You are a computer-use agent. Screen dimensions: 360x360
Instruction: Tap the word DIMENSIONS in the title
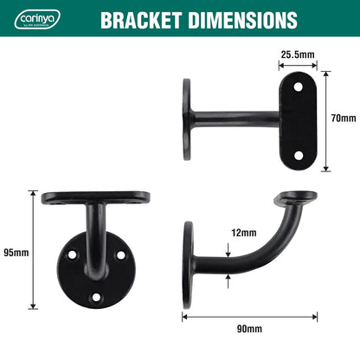[243, 20]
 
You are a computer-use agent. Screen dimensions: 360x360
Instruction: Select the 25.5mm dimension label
[298, 54]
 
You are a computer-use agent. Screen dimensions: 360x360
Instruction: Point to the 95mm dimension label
[16, 252]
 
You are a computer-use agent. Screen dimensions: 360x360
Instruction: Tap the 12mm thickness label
[243, 233]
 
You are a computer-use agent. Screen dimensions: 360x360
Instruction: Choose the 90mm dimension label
[248, 329]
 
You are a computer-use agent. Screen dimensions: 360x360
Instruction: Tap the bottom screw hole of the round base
[96, 297]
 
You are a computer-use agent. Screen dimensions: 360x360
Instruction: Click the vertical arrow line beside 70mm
[326, 118]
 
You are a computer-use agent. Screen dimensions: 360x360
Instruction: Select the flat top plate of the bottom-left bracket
[95, 197]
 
